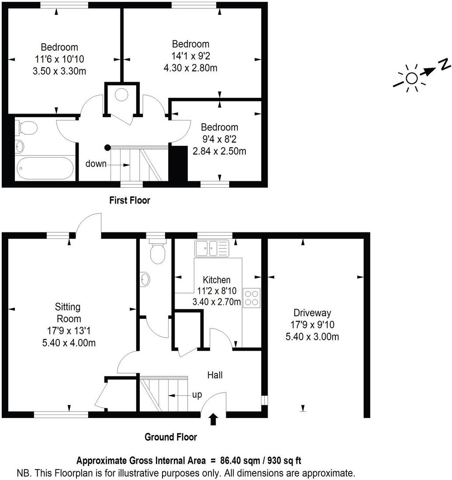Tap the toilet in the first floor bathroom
point(27,128)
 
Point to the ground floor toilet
point(156,252)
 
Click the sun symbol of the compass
point(411,78)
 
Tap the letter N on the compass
point(445,65)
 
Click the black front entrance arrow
point(213,419)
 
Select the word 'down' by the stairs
point(96,164)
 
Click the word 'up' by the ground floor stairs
point(197,395)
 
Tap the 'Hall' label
point(215,375)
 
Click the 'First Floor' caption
point(129,200)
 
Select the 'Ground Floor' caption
point(171,437)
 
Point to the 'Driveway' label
point(312,313)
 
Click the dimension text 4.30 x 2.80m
point(190,68)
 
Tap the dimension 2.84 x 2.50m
point(219,151)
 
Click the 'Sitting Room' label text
point(68,313)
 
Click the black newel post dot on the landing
point(107,148)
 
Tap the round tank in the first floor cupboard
point(122,94)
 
